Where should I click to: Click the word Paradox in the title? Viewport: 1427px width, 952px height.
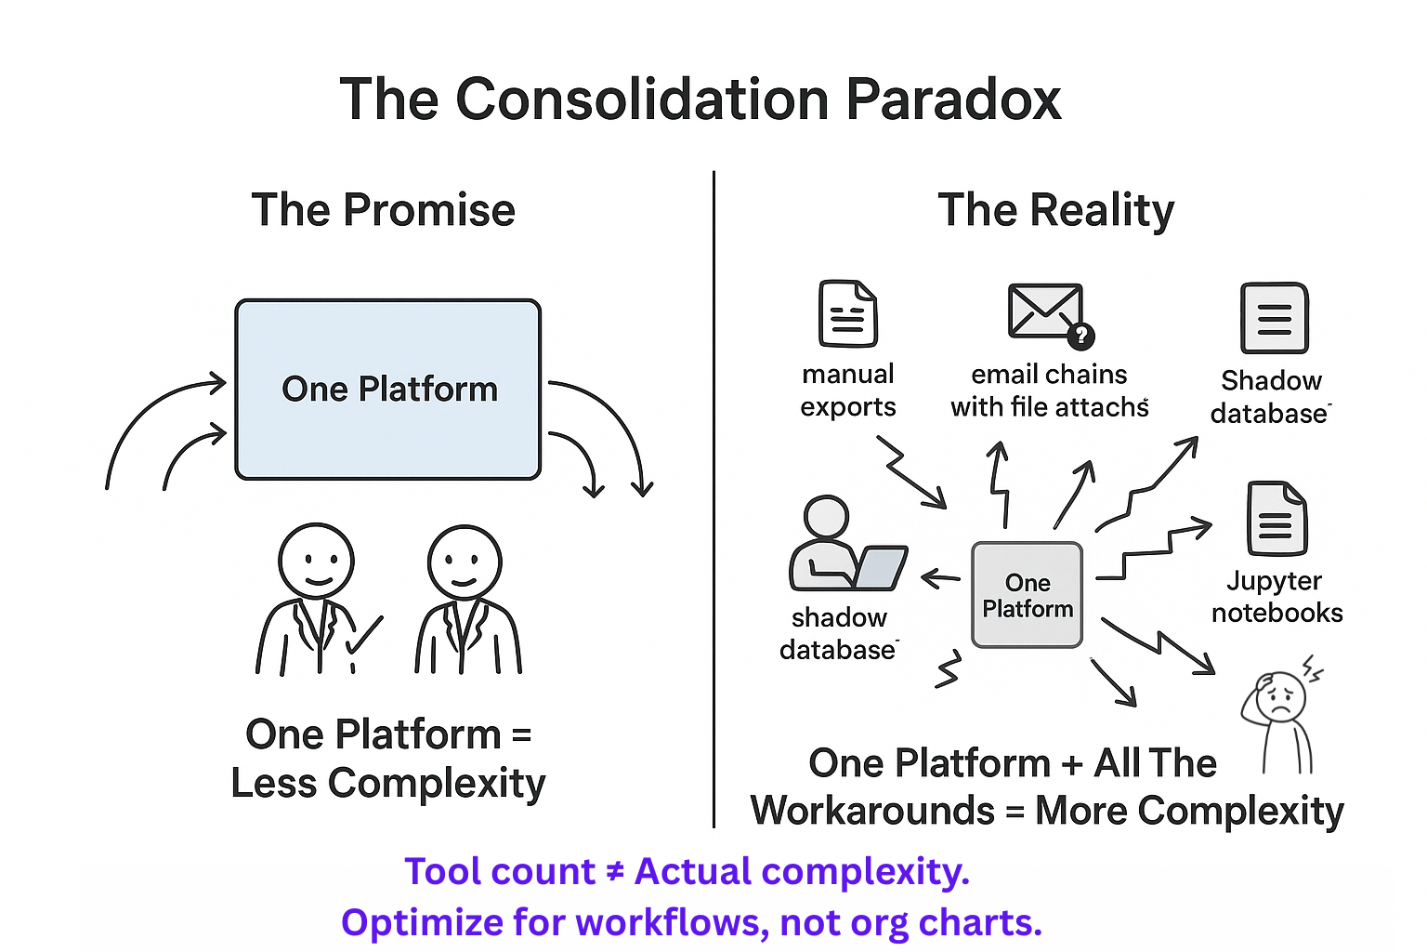pyautogui.click(x=952, y=99)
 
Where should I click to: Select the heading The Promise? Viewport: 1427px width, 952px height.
pyautogui.click(x=383, y=210)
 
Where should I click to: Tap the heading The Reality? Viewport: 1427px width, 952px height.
pyautogui.click(x=1055, y=210)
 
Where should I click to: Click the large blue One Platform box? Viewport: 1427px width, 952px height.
pyautogui.click(x=388, y=389)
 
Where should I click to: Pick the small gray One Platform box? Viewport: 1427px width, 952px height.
pyautogui.click(x=1027, y=595)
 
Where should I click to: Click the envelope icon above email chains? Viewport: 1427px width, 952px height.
pyautogui.click(x=1045, y=311)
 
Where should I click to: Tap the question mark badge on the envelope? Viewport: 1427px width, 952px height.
pyautogui.click(x=1080, y=335)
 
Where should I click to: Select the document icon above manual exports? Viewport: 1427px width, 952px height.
pyautogui.click(x=847, y=314)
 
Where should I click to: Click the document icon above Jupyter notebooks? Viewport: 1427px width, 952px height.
pyautogui.click(x=1276, y=519)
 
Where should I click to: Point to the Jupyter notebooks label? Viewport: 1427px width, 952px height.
pyautogui.click(x=1276, y=597)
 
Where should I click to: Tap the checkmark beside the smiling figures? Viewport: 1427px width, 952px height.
pyautogui.click(x=363, y=636)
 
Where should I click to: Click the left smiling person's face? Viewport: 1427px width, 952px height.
pyautogui.click(x=316, y=562)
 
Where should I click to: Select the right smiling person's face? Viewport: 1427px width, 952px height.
pyautogui.click(x=465, y=562)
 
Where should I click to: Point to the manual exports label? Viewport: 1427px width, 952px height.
pyautogui.click(x=847, y=390)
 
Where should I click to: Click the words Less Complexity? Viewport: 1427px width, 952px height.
pyautogui.click(x=388, y=783)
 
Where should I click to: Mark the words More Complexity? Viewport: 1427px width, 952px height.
pyautogui.click(x=1189, y=811)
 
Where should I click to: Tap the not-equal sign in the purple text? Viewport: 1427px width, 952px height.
pyautogui.click(x=615, y=872)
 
